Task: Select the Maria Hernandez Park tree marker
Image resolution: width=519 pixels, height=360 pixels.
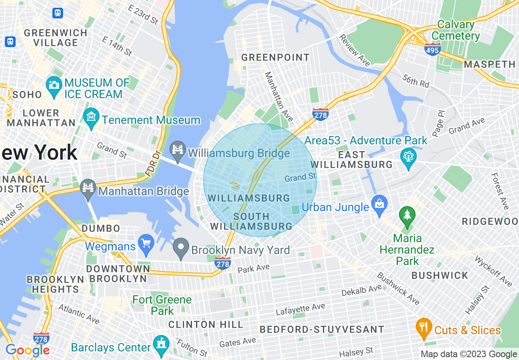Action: pos(407,216)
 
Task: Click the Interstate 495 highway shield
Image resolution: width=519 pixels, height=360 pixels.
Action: pos(432,49)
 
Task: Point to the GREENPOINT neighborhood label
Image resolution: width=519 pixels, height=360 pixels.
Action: pos(275,57)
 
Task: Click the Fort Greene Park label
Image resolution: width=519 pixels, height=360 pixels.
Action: pos(162,305)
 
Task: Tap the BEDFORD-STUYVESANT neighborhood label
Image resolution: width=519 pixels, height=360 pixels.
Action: pos(322,329)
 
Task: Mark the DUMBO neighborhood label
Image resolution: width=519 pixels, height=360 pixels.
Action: pos(101,228)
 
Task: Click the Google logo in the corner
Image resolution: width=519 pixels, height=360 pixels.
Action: pos(27,350)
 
